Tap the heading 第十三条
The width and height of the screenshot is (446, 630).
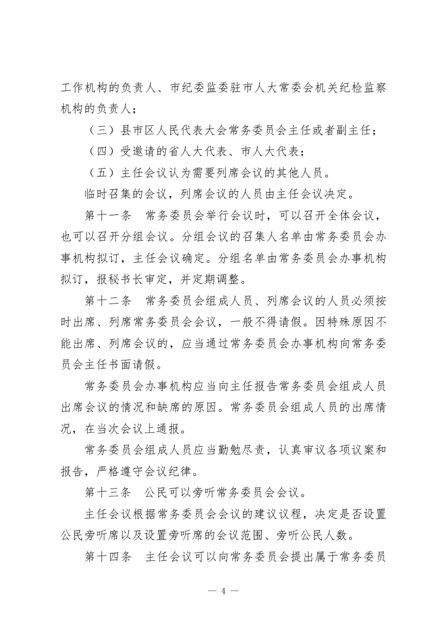pyautogui.click(x=107, y=494)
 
